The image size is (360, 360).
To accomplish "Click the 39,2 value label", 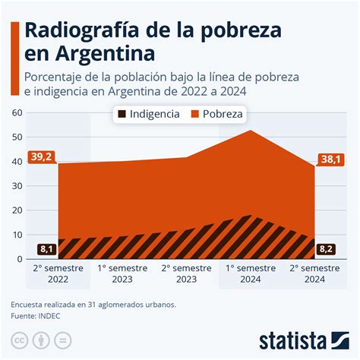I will click(42, 157).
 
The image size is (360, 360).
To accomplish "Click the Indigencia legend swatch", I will click(121, 115).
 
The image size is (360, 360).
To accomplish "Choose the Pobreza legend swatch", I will click(194, 115).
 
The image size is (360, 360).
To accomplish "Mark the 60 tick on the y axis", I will click(17, 113).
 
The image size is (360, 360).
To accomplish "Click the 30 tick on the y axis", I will click(17, 186).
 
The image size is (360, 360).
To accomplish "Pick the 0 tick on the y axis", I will click(21, 259).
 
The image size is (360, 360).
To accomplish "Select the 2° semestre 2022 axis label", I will click(58, 273).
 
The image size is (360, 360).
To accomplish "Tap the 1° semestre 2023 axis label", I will click(122, 273).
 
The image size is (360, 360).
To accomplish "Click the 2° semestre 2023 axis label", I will click(186, 273).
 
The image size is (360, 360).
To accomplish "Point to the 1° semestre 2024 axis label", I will click(250, 273).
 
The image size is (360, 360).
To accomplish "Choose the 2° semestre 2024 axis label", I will click(314, 273).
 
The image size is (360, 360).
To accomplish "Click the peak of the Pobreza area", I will click(250, 131).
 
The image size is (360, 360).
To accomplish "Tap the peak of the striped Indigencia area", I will click(248, 217).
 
